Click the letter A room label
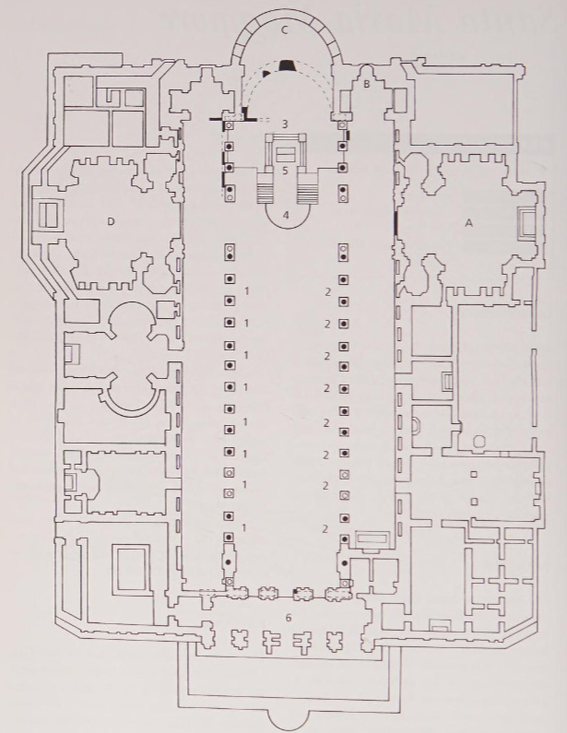pyautogui.click(x=467, y=222)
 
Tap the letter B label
pyautogui.click(x=366, y=85)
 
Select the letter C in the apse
pyautogui.click(x=286, y=30)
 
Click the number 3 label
pyautogui.click(x=286, y=123)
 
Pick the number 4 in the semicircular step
pyautogui.click(x=286, y=215)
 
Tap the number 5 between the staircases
pyautogui.click(x=286, y=171)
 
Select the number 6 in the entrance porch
pyautogui.click(x=289, y=617)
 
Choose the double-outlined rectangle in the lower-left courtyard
pyautogui.click(x=129, y=569)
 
